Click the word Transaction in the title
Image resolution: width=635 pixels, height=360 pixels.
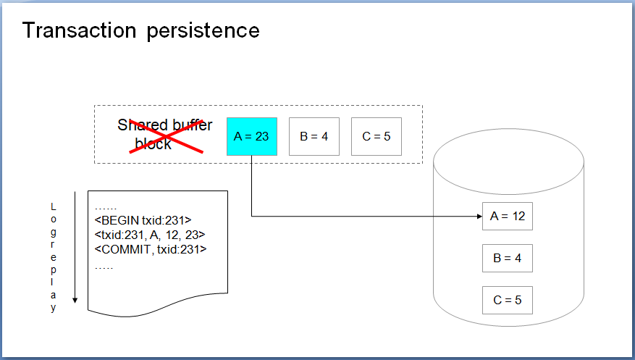[x=80, y=30]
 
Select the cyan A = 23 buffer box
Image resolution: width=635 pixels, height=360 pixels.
[x=252, y=136]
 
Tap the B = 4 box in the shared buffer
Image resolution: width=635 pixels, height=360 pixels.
[x=314, y=136]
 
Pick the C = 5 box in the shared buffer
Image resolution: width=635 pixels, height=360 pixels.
[x=377, y=136]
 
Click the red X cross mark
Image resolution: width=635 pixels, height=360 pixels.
[x=166, y=135]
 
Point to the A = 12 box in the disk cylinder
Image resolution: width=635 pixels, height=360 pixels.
[x=508, y=217]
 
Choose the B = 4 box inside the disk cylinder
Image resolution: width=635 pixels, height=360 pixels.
[x=508, y=259]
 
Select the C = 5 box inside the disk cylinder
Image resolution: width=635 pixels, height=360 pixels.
[x=508, y=301]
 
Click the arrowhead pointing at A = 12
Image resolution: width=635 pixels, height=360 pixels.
[x=480, y=217]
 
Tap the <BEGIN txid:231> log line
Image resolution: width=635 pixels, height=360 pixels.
[x=143, y=220]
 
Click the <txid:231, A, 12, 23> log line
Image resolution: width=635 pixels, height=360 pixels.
[x=150, y=235]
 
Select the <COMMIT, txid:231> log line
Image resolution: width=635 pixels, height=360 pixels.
[x=151, y=249]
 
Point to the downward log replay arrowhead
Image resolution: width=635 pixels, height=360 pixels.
[x=75, y=301]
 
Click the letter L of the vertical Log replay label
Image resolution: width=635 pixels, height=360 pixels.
[x=53, y=207]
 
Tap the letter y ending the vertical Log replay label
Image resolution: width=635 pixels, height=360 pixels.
[x=53, y=308]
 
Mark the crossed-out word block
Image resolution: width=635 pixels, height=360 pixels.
[x=153, y=143]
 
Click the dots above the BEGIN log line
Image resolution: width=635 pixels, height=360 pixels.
[x=105, y=209]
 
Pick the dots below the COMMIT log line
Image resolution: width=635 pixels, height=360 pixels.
[x=104, y=268]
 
